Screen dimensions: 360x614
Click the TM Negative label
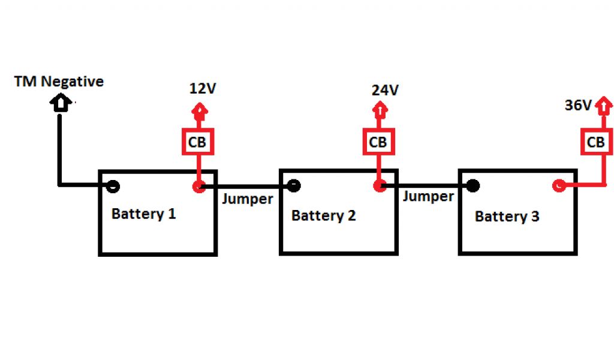(59, 82)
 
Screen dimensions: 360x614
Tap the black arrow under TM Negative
(60, 103)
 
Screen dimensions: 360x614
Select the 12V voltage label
(202, 89)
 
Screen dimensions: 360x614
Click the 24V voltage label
(384, 91)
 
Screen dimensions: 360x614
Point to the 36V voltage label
(579, 105)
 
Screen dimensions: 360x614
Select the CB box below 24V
(378, 142)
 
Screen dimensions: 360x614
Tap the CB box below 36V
(595, 142)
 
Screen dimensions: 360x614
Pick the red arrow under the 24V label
(378, 112)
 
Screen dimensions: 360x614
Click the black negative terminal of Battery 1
(112, 186)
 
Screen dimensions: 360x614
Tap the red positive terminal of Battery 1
(198, 187)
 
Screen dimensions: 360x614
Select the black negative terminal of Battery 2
(293, 186)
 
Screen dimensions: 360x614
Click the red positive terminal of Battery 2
(378, 186)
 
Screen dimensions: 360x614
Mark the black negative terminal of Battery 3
(472, 185)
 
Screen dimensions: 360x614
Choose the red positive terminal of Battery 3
(558, 186)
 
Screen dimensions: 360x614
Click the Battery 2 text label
(323, 215)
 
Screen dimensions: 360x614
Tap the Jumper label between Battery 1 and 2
(247, 199)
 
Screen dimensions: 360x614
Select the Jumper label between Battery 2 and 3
(428, 196)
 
